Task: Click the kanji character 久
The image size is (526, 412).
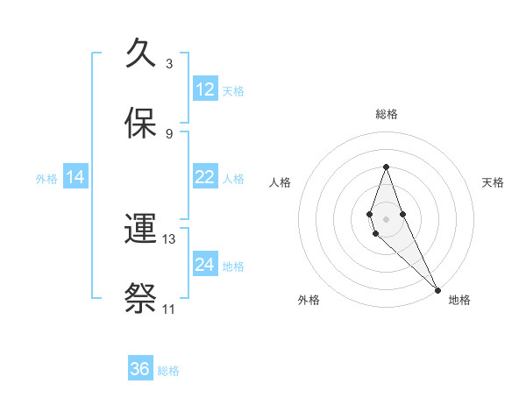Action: [142, 54]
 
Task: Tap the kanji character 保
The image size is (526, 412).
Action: [142, 123]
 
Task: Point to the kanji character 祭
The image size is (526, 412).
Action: [142, 298]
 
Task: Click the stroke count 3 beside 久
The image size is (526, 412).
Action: [169, 64]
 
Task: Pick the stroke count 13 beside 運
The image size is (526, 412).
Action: [169, 238]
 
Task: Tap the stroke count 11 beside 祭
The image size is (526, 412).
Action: [168, 309]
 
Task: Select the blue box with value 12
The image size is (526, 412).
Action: [205, 89]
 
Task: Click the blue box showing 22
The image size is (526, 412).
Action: [205, 177]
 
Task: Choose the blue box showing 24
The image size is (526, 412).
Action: [205, 265]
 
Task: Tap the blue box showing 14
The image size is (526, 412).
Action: [75, 177]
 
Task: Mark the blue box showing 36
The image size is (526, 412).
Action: [140, 369]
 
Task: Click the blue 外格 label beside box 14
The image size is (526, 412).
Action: [46, 178]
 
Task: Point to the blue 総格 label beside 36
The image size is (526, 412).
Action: [168, 370]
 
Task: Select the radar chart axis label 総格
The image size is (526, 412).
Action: [387, 114]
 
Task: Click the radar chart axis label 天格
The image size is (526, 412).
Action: [494, 182]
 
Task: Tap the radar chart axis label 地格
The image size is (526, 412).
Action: [459, 300]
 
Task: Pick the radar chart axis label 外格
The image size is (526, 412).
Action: [309, 300]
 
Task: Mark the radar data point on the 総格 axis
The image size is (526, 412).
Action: [386, 167]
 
